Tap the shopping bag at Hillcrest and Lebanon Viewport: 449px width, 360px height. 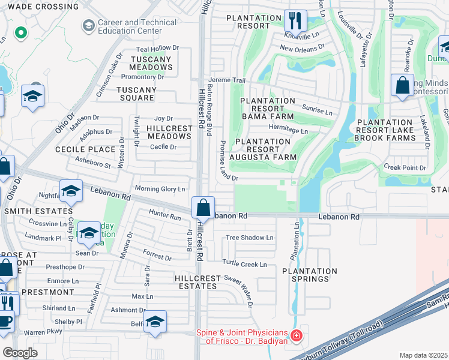point(203,207)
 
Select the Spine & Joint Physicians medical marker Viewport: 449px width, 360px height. point(295,337)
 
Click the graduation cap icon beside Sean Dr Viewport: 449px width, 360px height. point(89,233)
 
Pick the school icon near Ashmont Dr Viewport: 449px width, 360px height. point(155,322)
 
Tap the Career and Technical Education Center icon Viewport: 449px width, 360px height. point(88,26)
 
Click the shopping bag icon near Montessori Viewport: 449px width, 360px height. point(402,85)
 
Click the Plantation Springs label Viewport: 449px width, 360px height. point(306,275)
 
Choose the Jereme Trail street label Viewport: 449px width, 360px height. point(227,80)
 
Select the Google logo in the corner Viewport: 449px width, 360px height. point(20,352)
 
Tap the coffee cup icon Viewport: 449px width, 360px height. point(6,321)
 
